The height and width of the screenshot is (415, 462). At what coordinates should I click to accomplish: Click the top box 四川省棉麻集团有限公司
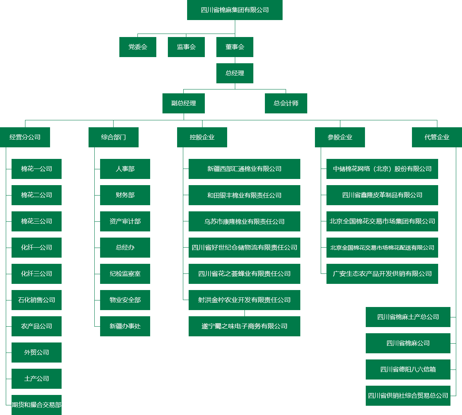[x=234, y=10]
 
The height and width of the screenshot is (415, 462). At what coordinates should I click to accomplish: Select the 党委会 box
[x=138, y=47]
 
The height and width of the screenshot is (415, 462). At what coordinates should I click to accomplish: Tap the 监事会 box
[x=186, y=47]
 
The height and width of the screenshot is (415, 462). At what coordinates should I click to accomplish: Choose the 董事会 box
[x=235, y=47]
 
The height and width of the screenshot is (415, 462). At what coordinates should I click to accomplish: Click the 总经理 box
[x=235, y=73]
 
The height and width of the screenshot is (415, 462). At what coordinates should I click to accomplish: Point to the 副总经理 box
[x=184, y=103]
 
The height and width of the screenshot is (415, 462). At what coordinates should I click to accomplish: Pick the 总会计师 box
[x=286, y=103]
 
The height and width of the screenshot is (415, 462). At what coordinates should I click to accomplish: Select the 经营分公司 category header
[x=25, y=137]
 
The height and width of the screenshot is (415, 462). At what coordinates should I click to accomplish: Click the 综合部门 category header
[x=114, y=137]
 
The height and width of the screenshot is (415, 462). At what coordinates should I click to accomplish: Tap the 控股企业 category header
[x=202, y=137]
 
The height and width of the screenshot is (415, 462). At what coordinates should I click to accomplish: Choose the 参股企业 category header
[x=340, y=137]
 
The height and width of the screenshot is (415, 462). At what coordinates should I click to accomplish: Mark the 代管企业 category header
[x=437, y=137]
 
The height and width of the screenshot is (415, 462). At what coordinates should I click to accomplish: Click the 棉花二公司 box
[x=37, y=195]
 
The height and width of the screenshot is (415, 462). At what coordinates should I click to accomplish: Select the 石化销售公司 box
[x=37, y=300]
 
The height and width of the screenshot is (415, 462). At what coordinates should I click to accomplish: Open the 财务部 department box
[x=125, y=195]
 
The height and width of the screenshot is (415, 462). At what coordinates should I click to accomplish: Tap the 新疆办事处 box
[x=125, y=326]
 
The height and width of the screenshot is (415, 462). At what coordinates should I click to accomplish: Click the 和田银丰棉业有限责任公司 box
[x=244, y=195]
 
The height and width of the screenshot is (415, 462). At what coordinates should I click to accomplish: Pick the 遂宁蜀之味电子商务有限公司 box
[x=244, y=326]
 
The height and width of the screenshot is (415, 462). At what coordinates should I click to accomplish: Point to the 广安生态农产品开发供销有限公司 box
[x=382, y=274]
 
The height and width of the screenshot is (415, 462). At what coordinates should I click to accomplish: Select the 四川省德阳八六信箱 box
[x=408, y=369]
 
